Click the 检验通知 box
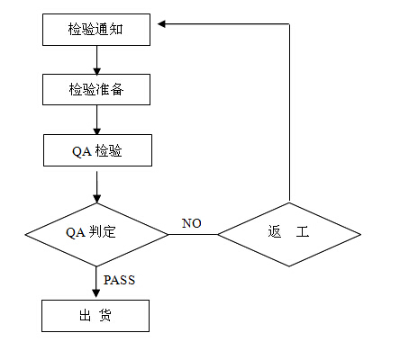(96, 30)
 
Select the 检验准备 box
(96, 90)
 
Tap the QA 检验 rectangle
(97, 150)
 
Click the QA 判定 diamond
(96, 235)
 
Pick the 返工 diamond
(289, 234)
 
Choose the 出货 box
(95, 316)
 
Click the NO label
(192, 223)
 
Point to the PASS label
(119, 280)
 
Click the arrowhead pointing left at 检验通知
(161, 24)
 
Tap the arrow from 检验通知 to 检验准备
(96, 60)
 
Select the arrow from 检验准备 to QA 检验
(96, 120)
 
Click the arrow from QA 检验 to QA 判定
(96, 187)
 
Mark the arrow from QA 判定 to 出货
(96, 282)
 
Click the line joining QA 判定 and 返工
(193, 235)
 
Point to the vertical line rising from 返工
(289, 112)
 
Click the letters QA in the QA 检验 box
(81, 151)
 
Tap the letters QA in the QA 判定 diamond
(75, 232)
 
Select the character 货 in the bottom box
(105, 315)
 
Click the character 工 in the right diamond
(303, 231)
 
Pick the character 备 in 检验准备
(117, 89)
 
